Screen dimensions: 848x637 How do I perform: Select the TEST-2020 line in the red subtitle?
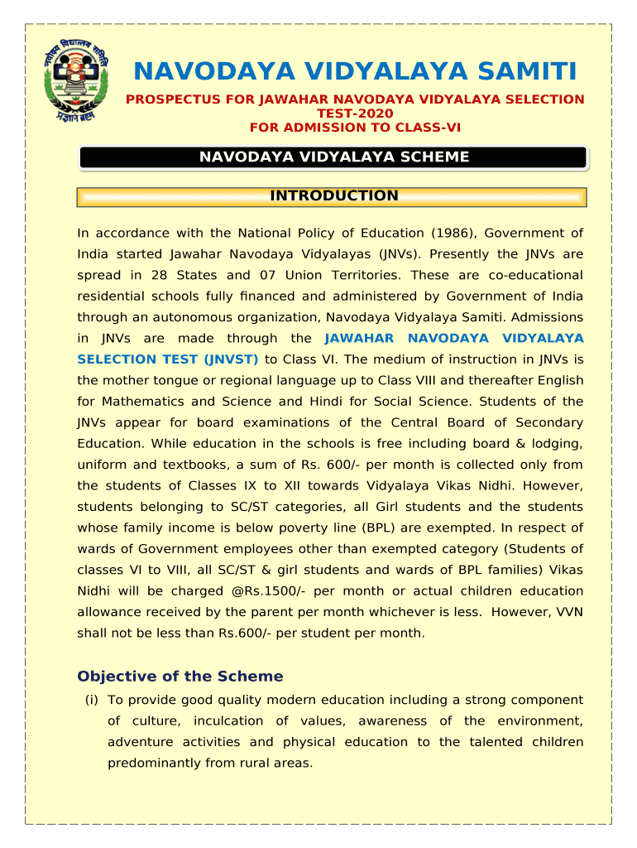355,113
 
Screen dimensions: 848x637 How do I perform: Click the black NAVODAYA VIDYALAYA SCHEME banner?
333,157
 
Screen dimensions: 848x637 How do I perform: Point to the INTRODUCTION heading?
333,196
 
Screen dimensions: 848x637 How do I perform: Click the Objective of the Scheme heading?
180,677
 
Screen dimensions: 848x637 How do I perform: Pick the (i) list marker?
91,700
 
